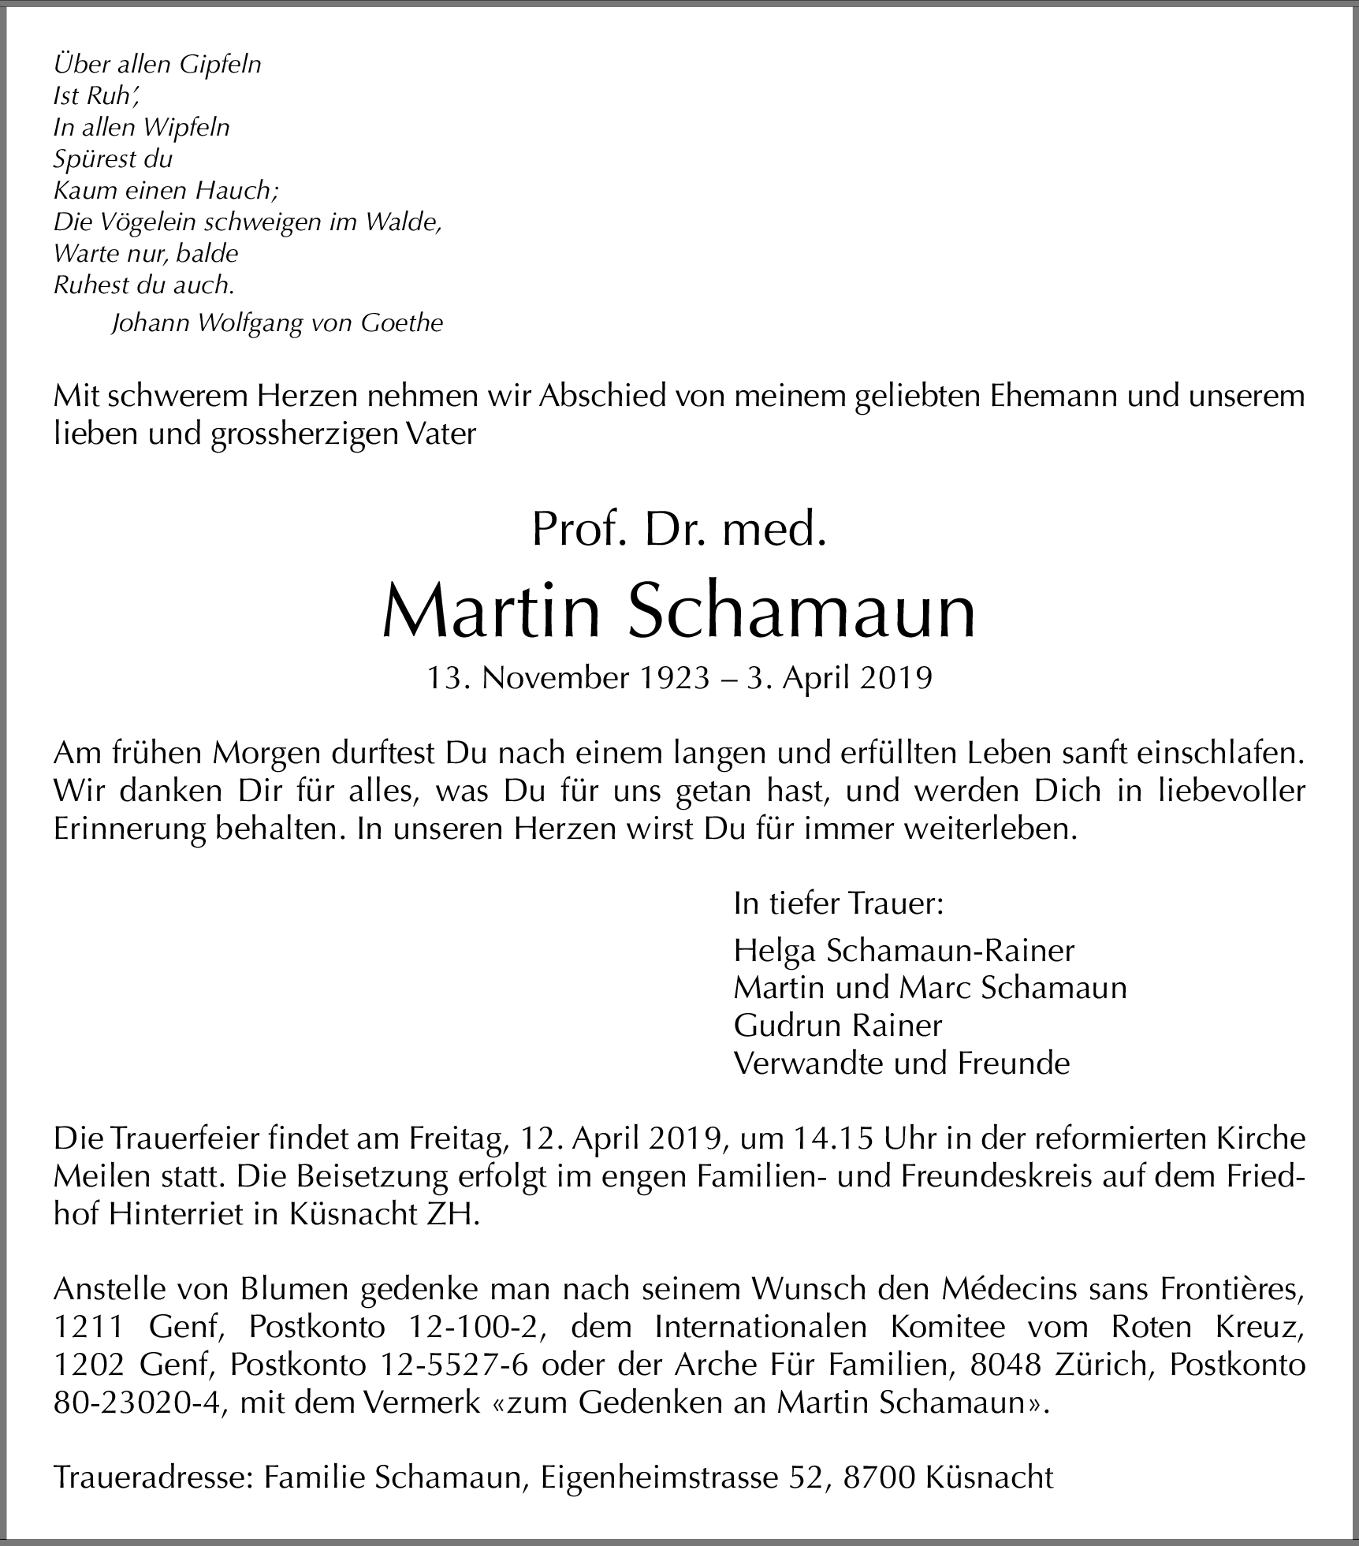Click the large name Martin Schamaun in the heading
(679, 613)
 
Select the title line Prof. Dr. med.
(679, 530)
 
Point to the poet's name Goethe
(402, 322)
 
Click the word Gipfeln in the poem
(220, 65)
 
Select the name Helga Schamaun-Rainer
(903, 950)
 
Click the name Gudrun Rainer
(837, 1025)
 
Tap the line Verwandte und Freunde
(901, 1063)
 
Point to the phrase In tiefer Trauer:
(838, 903)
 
